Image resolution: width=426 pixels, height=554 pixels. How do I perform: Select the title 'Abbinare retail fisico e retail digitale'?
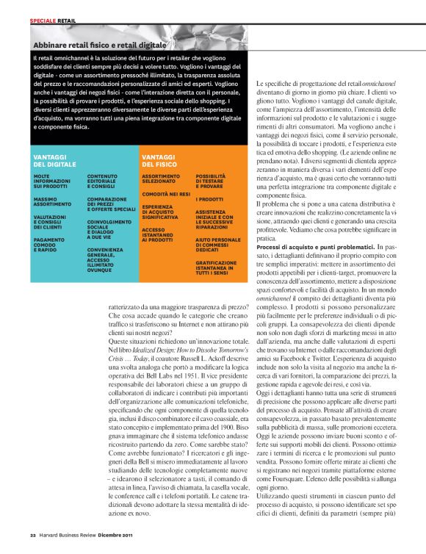tap(98, 46)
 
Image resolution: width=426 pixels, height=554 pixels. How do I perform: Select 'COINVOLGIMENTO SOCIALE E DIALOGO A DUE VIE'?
tap(111, 228)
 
